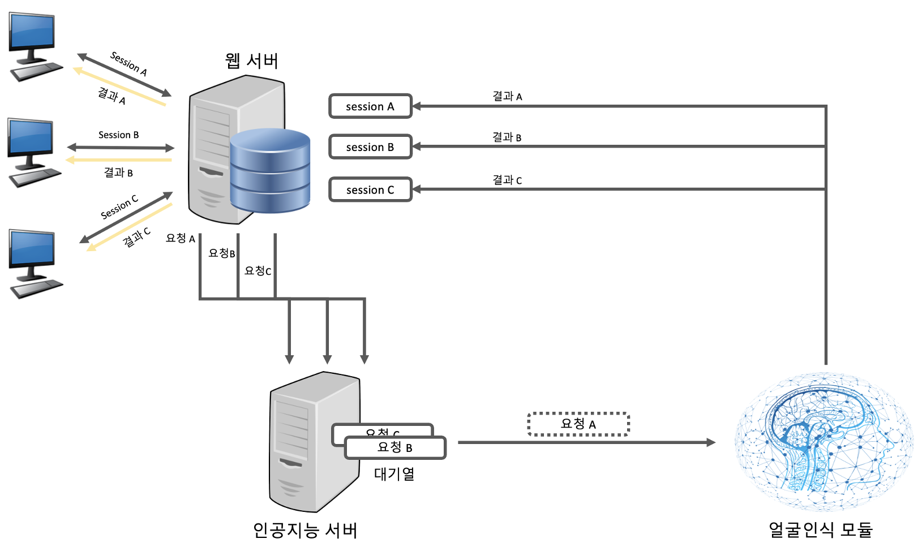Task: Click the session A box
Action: [x=370, y=106]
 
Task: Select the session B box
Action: [x=370, y=147]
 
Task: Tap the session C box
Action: [x=370, y=190]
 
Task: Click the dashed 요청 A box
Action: [x=578, y=424]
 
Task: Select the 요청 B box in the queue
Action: [x=395, y=448]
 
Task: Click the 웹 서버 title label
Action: [x=251, y=61]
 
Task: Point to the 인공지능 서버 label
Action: [x=304, y=530]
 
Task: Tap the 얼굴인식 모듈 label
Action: [x=820, y=529]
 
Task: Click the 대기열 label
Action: [x=394, y=474]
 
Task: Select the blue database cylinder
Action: [x=270, y=170]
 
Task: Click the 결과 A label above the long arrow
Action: [x=507, y=96]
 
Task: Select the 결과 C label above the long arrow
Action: [x=507, y=180]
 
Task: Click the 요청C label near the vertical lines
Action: [x=258, y=271]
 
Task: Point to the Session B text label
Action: [x=118, y=135]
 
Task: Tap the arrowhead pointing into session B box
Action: [x=417, y=147]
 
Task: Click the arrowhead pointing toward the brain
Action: [x=711, y=442]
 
